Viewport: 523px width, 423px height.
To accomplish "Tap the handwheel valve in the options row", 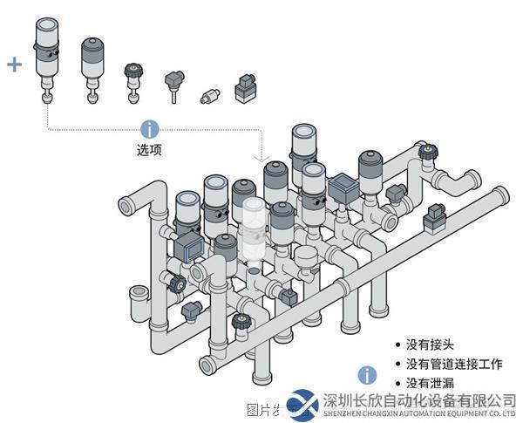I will point(133,78).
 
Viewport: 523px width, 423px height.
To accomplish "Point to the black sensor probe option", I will point(173,85).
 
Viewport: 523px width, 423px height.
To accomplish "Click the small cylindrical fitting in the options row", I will point(210,94).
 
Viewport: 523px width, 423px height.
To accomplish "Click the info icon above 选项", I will point(150,129).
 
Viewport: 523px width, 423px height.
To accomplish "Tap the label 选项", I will point(150,149).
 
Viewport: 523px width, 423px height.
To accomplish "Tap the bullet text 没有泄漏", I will point(431,383).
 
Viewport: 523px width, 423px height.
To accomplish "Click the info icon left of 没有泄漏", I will point(369,375).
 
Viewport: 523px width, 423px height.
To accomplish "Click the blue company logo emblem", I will point(304,405).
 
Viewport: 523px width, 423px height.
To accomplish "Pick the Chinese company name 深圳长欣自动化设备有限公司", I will point(419,400).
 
